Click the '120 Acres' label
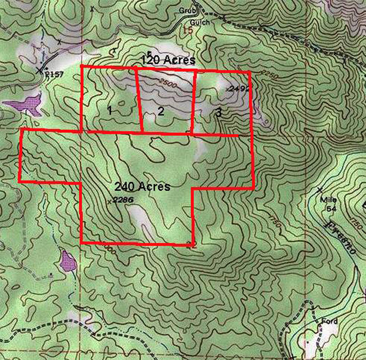tap(168, 60)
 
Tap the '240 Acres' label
tap(142, 186)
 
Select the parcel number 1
tap(109, 111)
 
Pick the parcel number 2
tap(161, 111)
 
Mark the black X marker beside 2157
tap(39, 70)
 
